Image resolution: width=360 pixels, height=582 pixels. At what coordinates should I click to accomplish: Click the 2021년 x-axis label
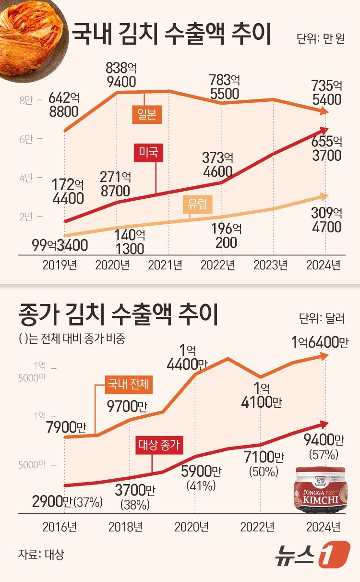tap(165, 265)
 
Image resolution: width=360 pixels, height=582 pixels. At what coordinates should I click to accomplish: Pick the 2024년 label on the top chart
tap(323, 265)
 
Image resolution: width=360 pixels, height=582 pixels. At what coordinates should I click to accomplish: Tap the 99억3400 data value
tap(60, 245)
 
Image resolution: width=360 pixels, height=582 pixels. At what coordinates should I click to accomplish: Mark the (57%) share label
tap(326, 454)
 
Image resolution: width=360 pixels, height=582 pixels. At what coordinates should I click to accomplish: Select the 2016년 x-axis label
tap(60, 527)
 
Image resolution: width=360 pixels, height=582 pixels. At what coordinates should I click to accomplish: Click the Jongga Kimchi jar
tap(322, 489)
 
